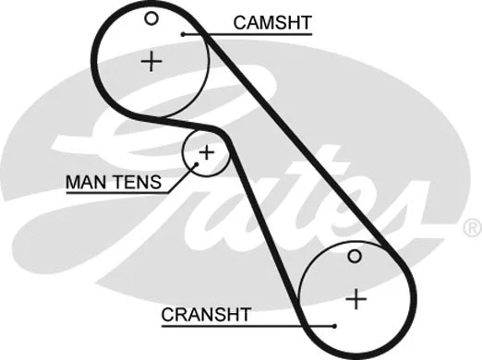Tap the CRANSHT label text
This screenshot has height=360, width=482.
206,314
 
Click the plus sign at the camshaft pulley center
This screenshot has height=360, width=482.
151,62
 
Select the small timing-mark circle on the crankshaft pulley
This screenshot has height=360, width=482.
355,256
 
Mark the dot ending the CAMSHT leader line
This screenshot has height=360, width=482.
185,34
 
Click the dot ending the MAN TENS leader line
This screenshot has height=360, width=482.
196,167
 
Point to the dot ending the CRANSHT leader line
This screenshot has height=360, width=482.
333,325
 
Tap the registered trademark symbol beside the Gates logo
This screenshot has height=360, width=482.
471,226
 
